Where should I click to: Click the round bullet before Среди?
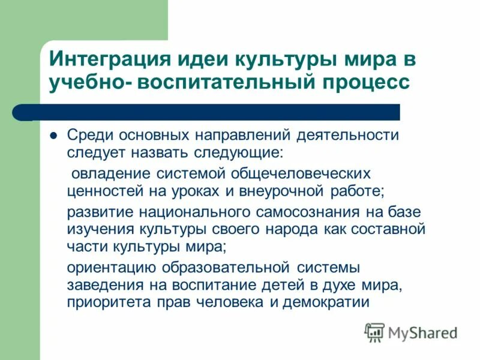point(53,135)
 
